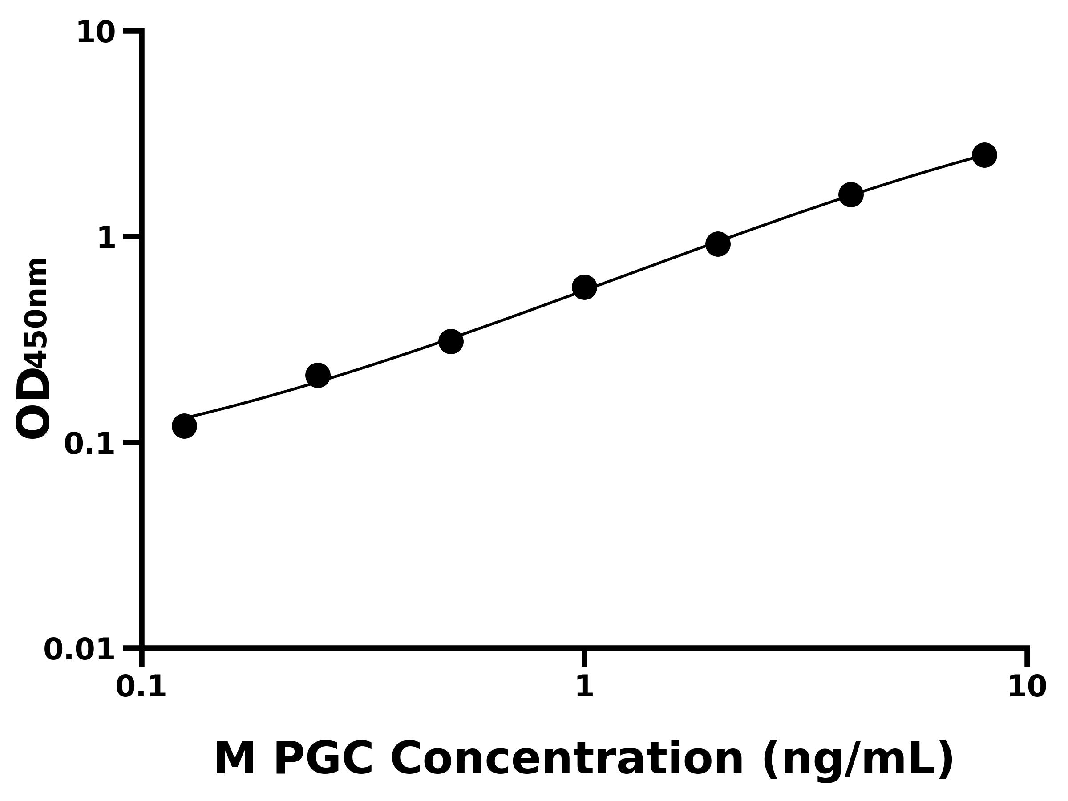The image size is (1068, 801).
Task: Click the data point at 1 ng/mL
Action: [x=584, y=288]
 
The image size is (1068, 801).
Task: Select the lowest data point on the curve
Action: [x=184, y=426]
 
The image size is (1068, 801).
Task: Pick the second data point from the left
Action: [x=318, y=375]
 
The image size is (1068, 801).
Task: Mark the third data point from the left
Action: [x=451, y=341]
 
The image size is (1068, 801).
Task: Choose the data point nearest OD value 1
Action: [x=718, y=244]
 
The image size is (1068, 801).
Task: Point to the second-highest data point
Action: [x=851, y=194]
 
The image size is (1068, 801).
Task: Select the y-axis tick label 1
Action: [x=107, y=239]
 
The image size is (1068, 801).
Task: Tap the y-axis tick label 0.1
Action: [x=89, y=444]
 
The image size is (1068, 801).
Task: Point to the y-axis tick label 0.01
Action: [x=79, y=650]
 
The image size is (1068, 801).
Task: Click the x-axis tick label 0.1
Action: [x=141, y=687]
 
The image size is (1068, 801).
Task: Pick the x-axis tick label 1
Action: [x=584, y=687]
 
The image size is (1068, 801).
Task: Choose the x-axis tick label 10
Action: [x=1027, y=687]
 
